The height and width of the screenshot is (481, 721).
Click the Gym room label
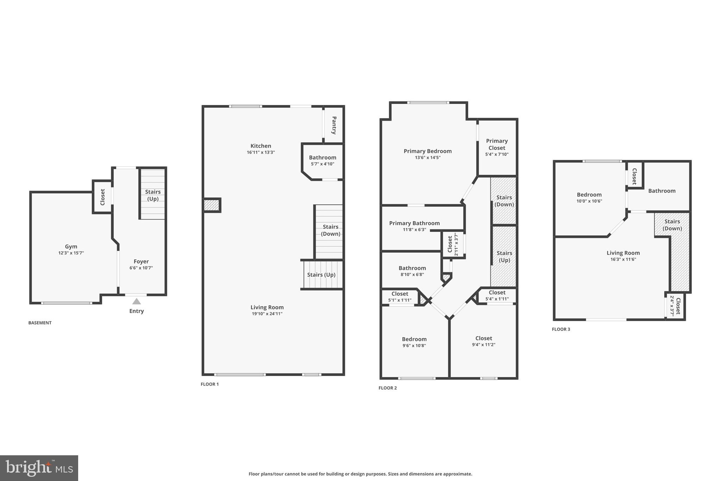(x=71, y=247)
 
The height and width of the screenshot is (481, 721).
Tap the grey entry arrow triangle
(x=137, y=301)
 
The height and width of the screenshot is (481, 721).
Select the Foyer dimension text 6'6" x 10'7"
(x=141, y=268)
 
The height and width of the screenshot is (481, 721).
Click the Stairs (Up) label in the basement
(x=153, y=195)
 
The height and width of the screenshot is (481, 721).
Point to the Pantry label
(x=334, y=125)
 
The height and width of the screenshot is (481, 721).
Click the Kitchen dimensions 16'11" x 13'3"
(x=261, y=153)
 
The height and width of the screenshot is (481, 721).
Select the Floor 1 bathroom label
(x=322, y=158)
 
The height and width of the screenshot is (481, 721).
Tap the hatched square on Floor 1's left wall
(x=212, y=205)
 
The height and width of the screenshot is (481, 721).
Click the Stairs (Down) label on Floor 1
(x=331, y=230)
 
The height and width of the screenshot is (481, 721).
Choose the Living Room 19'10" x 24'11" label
(x=267, y=310)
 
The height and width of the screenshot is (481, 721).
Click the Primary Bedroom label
(x=427, y=151)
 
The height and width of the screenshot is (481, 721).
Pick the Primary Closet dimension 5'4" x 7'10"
(x=497, y=154)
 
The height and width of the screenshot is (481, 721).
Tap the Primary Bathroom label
(x=414, y=223)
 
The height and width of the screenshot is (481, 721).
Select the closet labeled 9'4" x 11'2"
(x=483, y=341)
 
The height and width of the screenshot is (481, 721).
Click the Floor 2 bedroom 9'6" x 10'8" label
(x=414, y=342)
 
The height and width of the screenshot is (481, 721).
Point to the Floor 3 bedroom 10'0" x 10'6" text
(x=589, y=201)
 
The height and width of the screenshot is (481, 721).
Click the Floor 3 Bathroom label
(x=662, y=191)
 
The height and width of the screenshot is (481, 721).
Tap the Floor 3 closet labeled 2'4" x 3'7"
(x=675, y=306)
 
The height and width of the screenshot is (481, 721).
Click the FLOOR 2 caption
(x=387, y=388)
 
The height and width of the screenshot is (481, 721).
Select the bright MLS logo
(x=39, y=468)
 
